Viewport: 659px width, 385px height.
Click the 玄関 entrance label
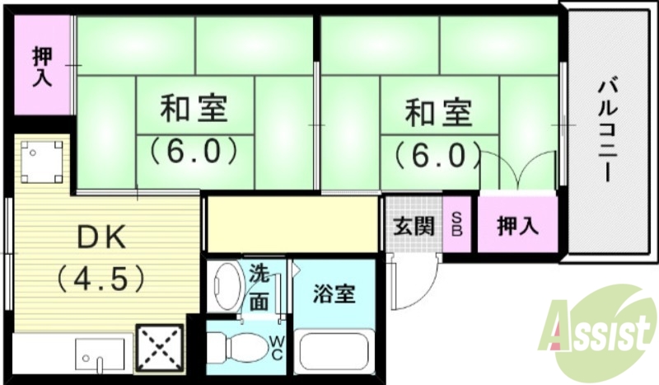point(413,225)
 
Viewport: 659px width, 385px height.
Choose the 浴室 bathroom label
point(334,293)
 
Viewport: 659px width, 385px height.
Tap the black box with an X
point(158,348)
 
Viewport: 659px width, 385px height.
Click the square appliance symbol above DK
point(41,162)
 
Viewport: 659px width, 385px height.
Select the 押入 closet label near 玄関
point(517,225)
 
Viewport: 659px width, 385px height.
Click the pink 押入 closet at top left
point(42,68)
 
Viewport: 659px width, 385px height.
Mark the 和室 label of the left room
point(194,109)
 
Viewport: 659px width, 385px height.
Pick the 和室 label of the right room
point(438,112)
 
